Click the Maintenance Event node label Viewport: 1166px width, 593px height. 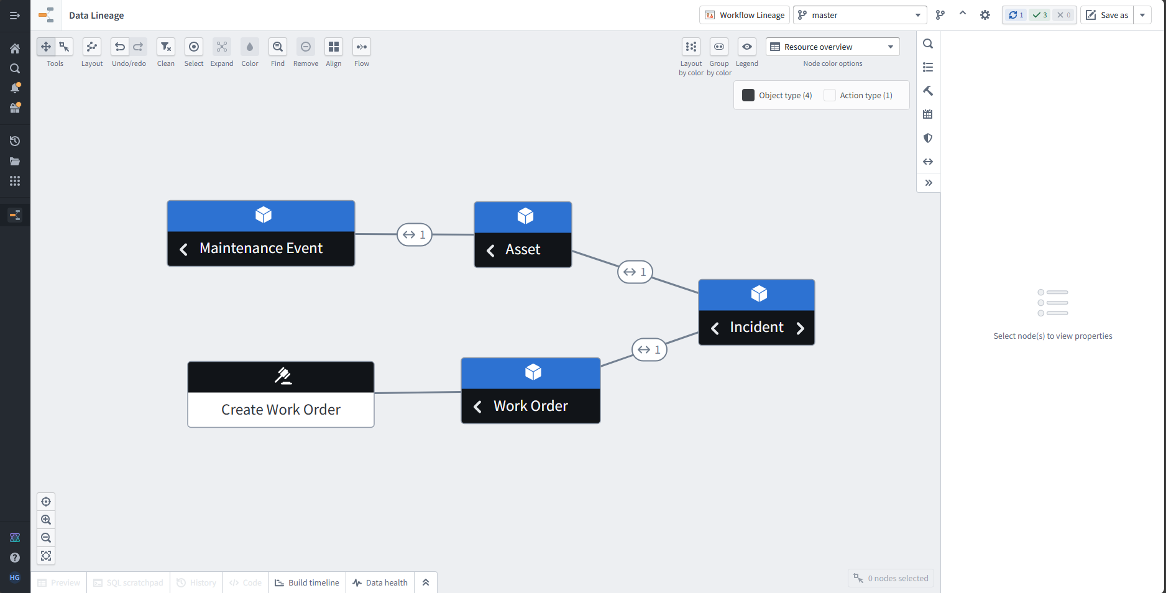[261, 249]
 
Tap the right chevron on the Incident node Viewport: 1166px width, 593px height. [801, 328]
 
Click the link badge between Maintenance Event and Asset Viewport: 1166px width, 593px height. [415, 234]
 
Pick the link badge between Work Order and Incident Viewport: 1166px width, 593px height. [650, 349]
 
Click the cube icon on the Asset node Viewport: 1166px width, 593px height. [525, 216]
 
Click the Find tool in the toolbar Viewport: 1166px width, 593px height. [278, 47]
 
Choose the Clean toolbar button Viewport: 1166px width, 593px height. [166, 47]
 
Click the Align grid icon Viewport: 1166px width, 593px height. [334, 47]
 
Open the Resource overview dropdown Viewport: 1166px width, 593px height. [832, 47]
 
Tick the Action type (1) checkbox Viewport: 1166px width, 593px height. [830, 95]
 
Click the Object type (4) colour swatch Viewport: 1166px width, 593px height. [748, 95]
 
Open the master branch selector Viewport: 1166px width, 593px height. [860, 15]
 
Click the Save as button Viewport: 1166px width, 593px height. [1108, 15]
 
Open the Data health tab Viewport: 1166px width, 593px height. [380, 582]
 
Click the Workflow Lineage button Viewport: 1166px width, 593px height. [745, 15]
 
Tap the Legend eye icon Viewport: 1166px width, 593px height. [747, 47]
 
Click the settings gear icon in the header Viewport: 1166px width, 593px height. [985, 15]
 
